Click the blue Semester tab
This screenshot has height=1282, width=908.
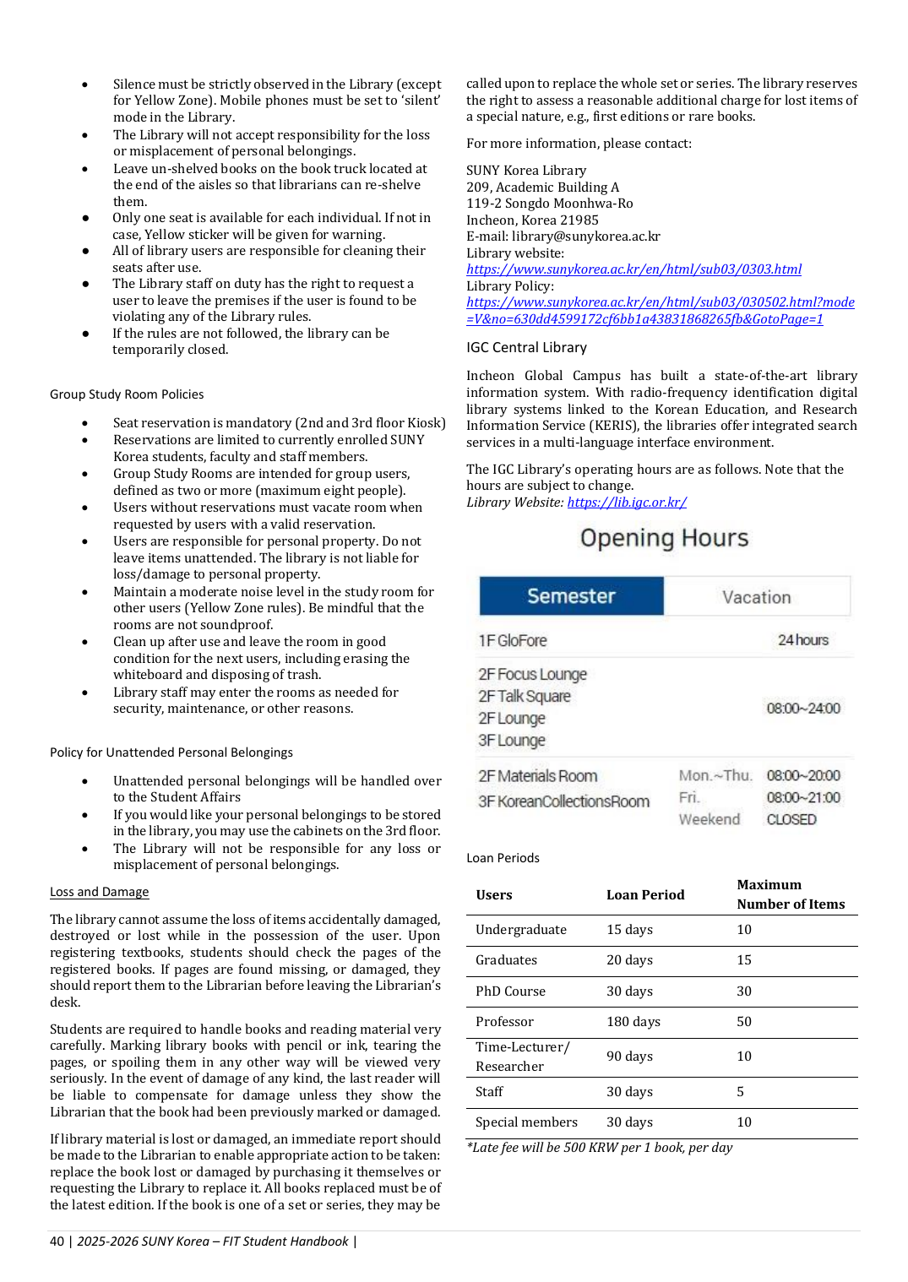[571, 596]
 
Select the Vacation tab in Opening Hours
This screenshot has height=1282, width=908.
[756, 597]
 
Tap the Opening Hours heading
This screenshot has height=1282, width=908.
[664, 538]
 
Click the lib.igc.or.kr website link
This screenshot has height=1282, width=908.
[627, 502]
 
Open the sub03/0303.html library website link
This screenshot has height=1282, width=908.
[633, 269]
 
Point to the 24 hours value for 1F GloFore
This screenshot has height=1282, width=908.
[802, 640]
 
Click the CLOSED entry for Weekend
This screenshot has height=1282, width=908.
[791, 819]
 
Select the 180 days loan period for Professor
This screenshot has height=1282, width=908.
[633, 1022]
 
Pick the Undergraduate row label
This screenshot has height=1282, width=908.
[520, 930]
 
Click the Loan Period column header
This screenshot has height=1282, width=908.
[645, 895]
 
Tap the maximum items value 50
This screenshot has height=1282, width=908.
[743, 1022]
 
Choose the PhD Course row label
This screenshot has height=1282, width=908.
[510, 991]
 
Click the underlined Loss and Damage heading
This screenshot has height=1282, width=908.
[99, 892]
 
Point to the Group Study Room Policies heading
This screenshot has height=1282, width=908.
[127, 394]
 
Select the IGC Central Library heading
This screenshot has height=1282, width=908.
[526, 348]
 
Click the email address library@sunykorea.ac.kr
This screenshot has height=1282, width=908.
[585, 236]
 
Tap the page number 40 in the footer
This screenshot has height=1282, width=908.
[57, 1241]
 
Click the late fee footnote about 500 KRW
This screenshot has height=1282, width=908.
[600, 1148]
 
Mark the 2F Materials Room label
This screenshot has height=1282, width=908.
[537, 776]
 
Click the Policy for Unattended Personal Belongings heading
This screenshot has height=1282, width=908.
[171, 752]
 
